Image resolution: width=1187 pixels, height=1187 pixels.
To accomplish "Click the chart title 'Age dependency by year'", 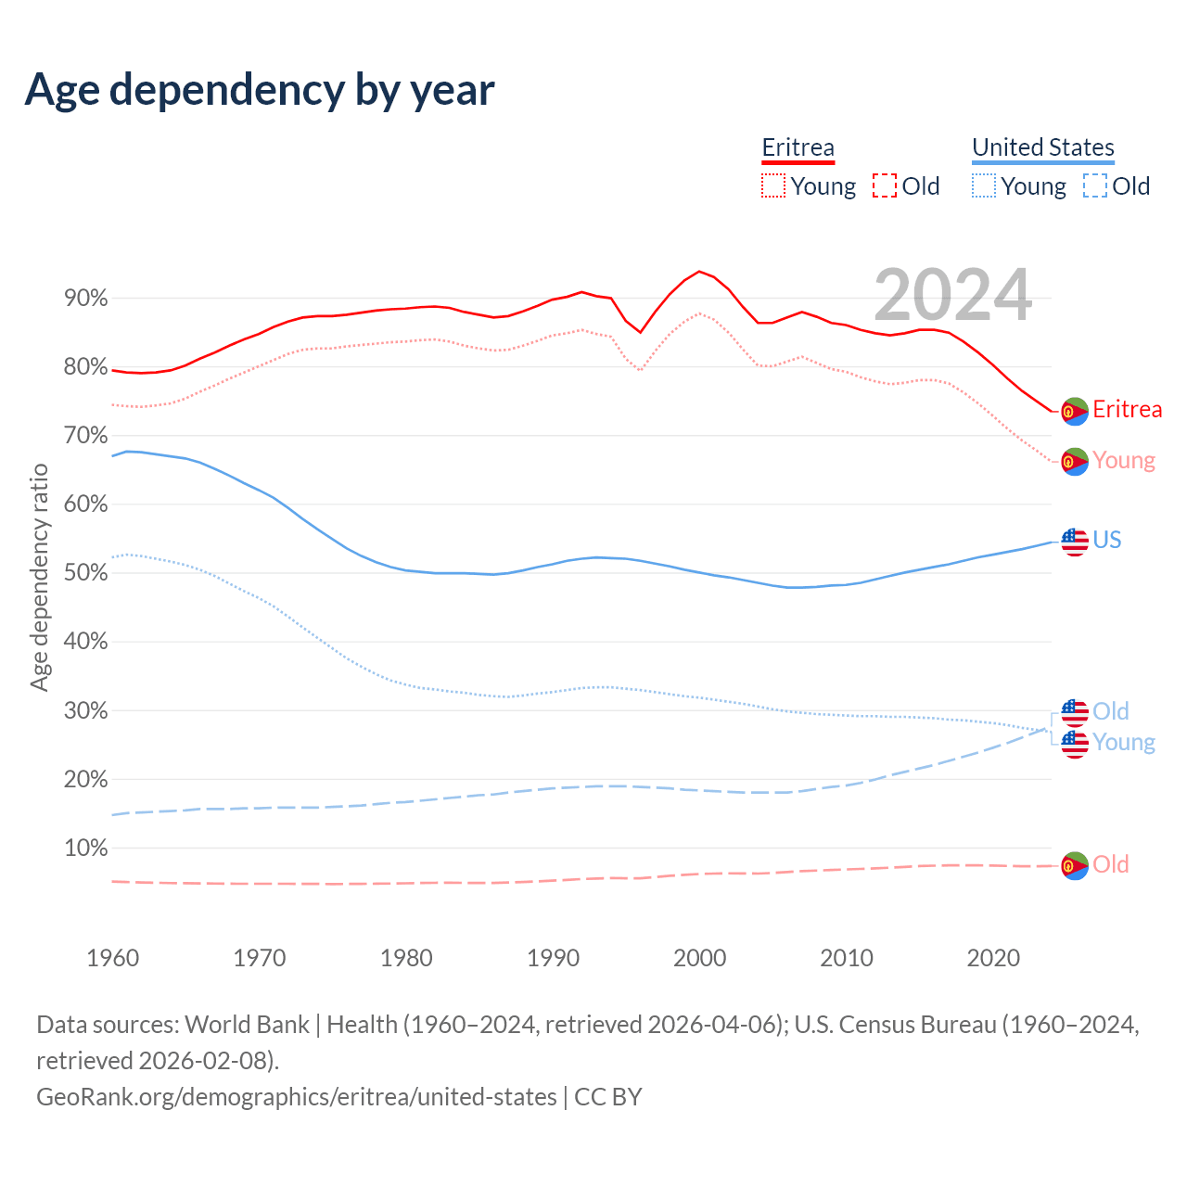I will pos(260,90).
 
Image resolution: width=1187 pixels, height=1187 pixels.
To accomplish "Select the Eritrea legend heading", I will pos(798,147).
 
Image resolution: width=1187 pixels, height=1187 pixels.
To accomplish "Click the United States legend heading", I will pos(1042,147).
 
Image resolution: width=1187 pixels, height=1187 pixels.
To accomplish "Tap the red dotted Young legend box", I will pos(772,185).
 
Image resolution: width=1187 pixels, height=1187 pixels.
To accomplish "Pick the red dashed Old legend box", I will pos(885,185).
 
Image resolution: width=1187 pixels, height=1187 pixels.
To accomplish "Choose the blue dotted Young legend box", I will pos(983,185).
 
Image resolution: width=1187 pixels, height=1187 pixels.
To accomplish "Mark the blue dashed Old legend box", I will pos(1094,185).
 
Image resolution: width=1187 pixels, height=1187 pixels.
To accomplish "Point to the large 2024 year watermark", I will pos(952,295).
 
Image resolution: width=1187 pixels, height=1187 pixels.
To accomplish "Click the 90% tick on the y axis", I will pos(85,299).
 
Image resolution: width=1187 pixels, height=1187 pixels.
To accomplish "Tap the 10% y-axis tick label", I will pos(85,848).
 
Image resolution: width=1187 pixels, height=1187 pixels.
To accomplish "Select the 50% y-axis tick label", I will pos(85,573).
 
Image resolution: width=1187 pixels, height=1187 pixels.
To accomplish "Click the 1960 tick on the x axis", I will pos(113,958).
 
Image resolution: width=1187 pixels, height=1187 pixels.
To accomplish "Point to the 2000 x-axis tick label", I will pos(700,958).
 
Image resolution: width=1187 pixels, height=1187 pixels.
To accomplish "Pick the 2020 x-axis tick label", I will pos(993,958).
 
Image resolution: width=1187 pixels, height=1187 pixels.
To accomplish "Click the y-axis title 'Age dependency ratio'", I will pos(39,577).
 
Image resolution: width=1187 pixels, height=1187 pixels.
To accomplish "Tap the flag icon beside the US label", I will pos(1075,541).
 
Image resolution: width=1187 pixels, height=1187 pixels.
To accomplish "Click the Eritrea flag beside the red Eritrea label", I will pos(1075,411).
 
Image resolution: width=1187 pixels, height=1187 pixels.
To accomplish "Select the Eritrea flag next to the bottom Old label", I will pos(1075,865).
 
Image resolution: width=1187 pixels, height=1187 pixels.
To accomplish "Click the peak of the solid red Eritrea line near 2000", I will pos(699,272).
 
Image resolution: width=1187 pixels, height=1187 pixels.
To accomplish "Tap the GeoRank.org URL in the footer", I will pos(297,1097).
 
